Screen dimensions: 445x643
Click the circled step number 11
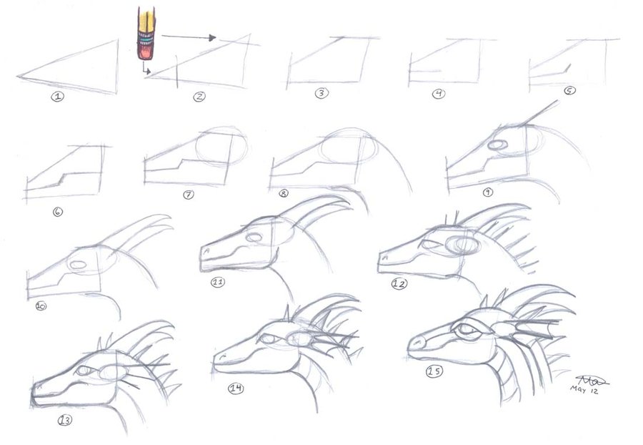click(x=218, y=282)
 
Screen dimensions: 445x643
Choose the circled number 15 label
click(x=433, y=371)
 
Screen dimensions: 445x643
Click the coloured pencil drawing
click(x=146, y=35)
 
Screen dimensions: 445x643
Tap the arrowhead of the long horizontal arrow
click(x=211, y=37)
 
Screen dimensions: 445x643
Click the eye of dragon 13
click(x=84, y=371)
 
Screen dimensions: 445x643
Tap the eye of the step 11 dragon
click(x=253, y=237)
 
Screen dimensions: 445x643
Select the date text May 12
click(x=584, y=390)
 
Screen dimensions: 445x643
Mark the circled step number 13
click(x=65, y=420)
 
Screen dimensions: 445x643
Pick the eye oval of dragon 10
click(x=78, y=264)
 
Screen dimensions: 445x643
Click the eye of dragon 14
click(x=268, y=339)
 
